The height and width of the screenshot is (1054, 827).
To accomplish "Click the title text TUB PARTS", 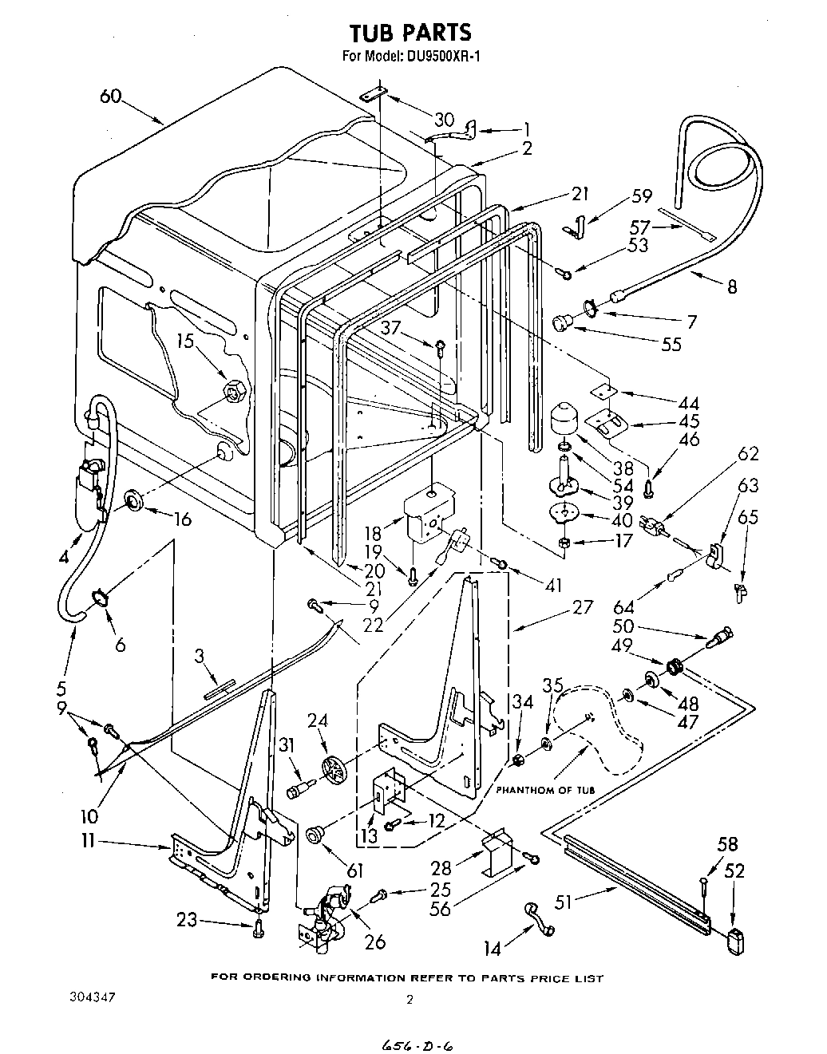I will pos(410,32).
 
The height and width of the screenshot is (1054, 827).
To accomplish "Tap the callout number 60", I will pos(111,97).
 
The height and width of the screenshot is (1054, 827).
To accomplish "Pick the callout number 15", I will pos(185,341).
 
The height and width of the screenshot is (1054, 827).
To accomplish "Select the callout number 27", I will pos(583,607).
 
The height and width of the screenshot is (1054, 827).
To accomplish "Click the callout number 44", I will pos(688,402).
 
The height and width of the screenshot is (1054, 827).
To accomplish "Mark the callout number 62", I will pos(748,454).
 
